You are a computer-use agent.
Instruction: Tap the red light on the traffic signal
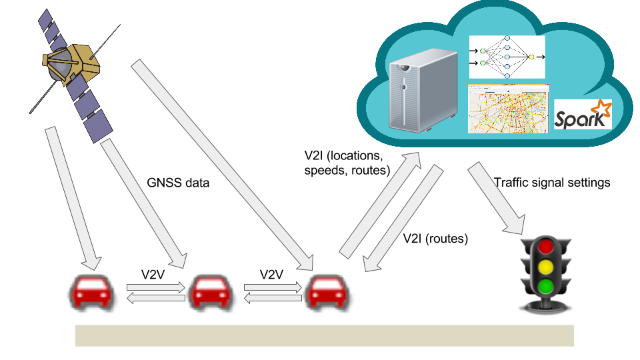point(546,247)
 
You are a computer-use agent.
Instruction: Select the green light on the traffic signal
point(546,287)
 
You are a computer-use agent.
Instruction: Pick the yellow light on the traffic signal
point(546,267)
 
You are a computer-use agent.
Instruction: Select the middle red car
point(211,292)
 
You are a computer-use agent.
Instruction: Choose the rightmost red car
point(327,292)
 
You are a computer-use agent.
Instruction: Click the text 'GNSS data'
point(177,183)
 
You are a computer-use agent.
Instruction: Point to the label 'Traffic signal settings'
point(552,182)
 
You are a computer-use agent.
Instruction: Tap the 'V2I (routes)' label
point(436,238)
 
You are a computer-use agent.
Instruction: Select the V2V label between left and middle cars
point(155,274)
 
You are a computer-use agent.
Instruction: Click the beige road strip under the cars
point(324,335)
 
